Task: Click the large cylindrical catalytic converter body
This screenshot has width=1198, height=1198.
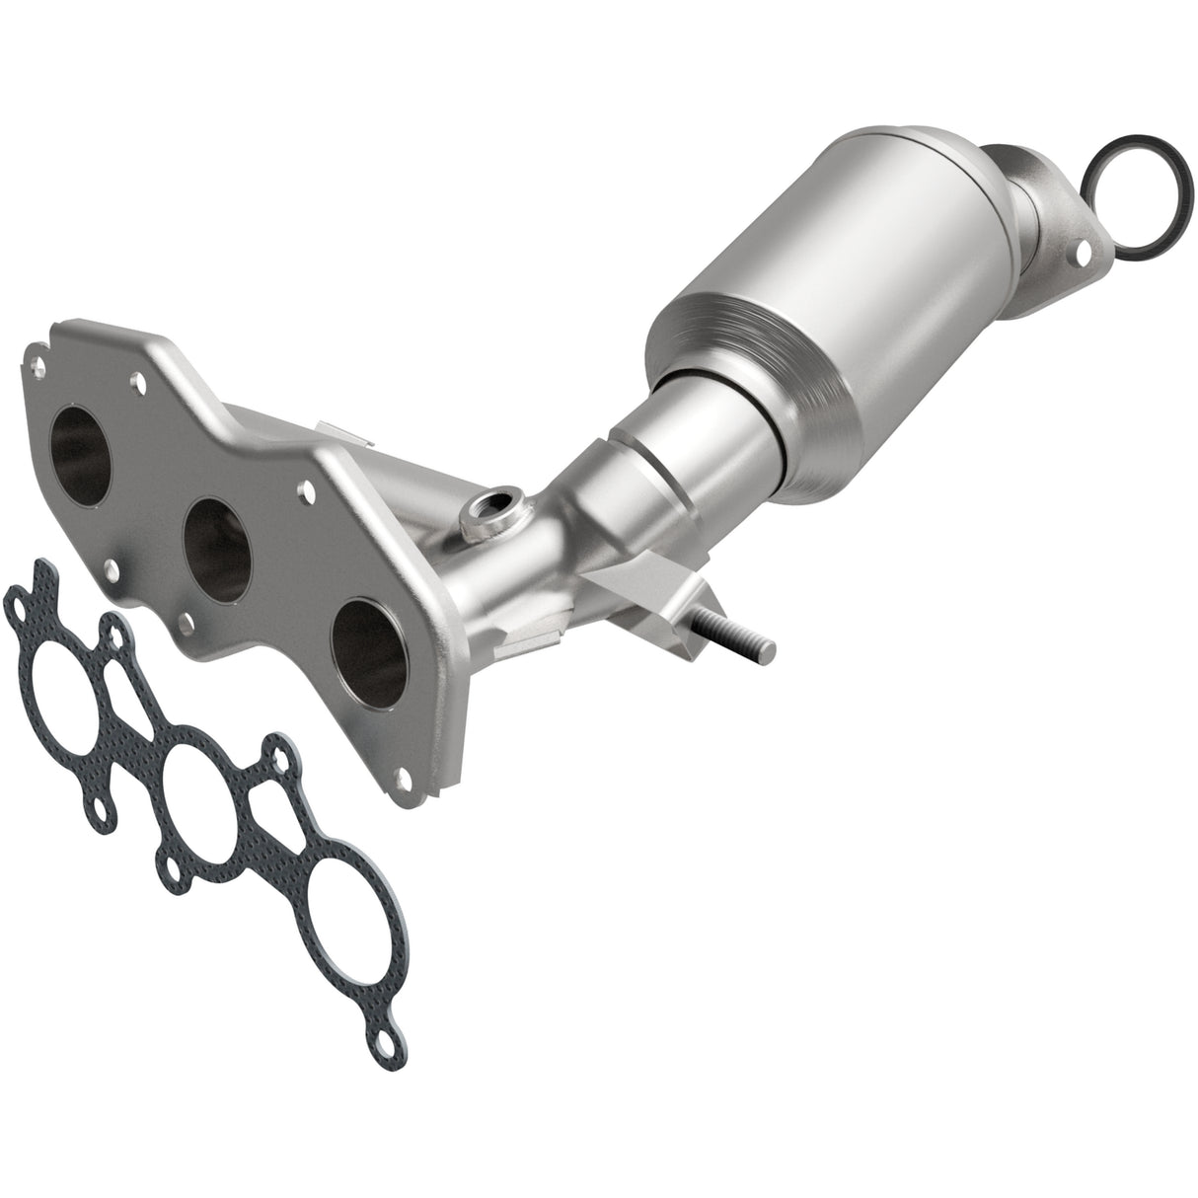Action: pos(868,257)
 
